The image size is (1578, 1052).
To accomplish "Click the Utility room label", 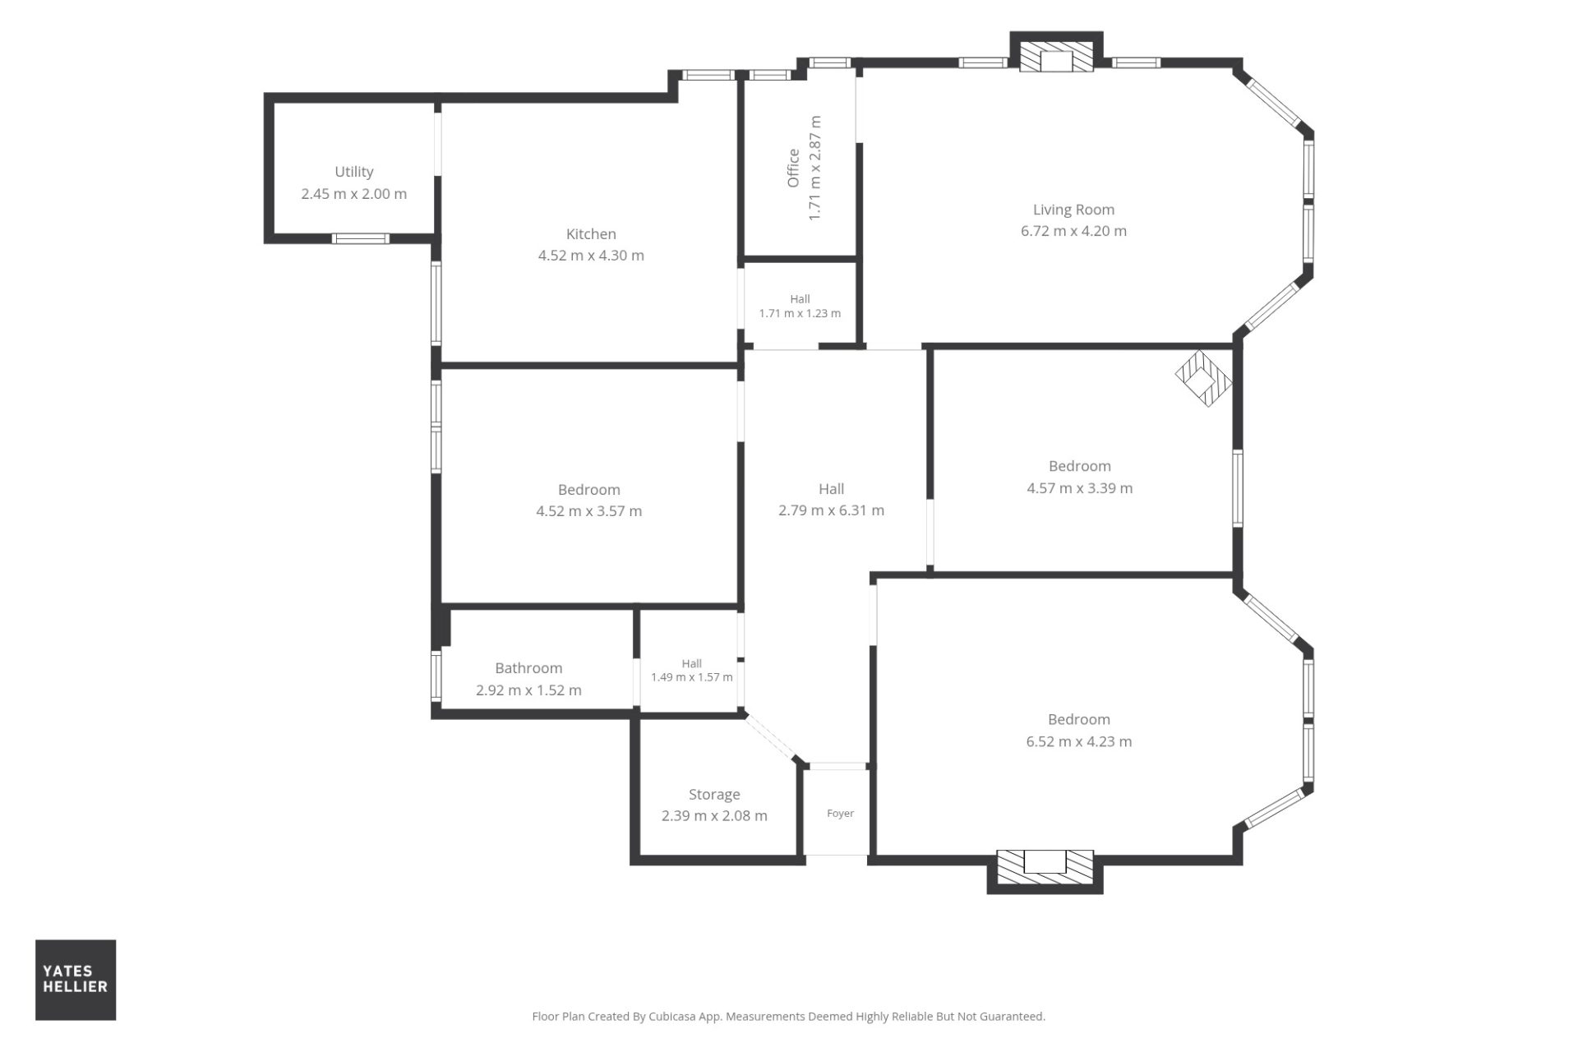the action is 354,172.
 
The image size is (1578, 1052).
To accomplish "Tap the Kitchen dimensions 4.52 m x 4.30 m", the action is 591,256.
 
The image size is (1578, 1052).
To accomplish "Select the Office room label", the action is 793,168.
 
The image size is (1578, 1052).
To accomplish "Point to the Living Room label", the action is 1073,210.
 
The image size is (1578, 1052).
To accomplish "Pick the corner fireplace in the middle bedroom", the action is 1204,378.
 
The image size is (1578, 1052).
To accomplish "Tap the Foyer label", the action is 840,814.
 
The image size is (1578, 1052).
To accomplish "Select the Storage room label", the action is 714,795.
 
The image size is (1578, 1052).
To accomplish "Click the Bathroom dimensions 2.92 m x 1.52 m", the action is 528,691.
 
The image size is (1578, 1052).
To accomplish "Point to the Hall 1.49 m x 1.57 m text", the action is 691,671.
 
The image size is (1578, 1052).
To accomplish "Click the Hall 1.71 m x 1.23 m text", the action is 800,307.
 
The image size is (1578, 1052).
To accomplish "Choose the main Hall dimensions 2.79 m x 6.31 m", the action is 831,510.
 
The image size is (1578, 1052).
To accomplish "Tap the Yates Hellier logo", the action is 76,980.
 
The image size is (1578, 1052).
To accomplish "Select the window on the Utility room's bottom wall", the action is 361,239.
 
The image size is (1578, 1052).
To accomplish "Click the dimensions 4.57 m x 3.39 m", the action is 1079,488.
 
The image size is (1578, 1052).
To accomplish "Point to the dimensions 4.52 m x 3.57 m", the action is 588,511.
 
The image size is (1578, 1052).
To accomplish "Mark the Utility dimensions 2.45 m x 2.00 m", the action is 353,194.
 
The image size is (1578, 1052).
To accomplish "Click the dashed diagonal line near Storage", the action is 771,737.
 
